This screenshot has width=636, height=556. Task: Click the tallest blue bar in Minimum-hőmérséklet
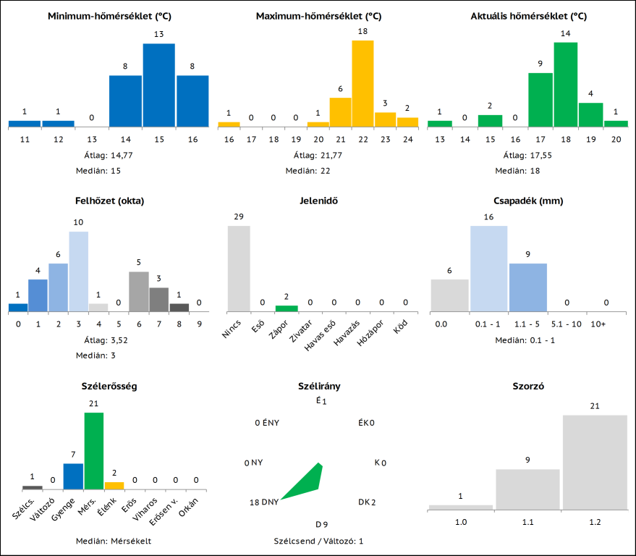pos(158,85)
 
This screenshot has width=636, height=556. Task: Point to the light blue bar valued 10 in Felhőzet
pos(78,271)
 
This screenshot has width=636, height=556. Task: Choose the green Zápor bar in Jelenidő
pos(266,308)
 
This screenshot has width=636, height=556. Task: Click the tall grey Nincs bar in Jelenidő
pos(239,269)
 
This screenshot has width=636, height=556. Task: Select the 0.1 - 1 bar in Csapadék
pos(489,269)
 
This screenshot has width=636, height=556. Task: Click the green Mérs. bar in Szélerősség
pos(94,451)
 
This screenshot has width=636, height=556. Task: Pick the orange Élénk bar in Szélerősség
pos(114,485)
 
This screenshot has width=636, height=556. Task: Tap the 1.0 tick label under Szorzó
pos(460,521)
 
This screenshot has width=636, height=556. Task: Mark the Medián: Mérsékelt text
pos(114,541)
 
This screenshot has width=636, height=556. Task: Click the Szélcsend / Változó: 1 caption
pos(318,541)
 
